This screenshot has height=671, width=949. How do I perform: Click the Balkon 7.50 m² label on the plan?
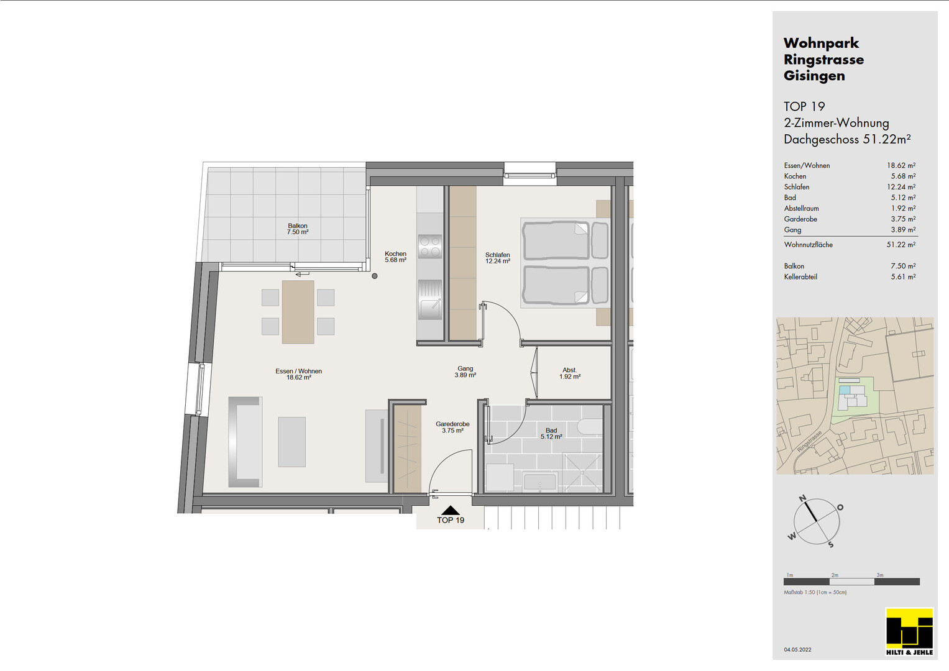point(298,229)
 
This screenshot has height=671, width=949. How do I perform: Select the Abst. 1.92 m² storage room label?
point(569,373)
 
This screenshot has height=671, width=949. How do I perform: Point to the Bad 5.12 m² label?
point(551,434)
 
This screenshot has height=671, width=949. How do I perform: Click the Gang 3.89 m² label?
point(465,372)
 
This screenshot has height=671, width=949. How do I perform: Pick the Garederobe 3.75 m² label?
point(452,427)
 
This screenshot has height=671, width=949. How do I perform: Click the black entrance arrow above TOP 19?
point(451,510)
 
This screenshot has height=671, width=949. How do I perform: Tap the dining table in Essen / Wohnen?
point(298,312)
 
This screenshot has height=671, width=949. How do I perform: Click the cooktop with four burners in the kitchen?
point(429,247)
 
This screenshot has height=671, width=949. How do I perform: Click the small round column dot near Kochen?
point(375,276)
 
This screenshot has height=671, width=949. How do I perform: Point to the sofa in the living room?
point(245,442)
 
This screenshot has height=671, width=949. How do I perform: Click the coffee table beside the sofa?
point(291,442)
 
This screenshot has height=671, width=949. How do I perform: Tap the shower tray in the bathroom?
point(582,473)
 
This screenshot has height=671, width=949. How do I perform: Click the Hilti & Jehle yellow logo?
point(909,632)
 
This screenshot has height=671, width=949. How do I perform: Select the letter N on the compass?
point(802,498)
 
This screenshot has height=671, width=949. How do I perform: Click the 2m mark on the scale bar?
point(835,575)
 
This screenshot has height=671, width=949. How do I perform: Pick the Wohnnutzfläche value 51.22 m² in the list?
point(901,244)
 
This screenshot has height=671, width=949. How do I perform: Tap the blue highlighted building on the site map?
point(845,390)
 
